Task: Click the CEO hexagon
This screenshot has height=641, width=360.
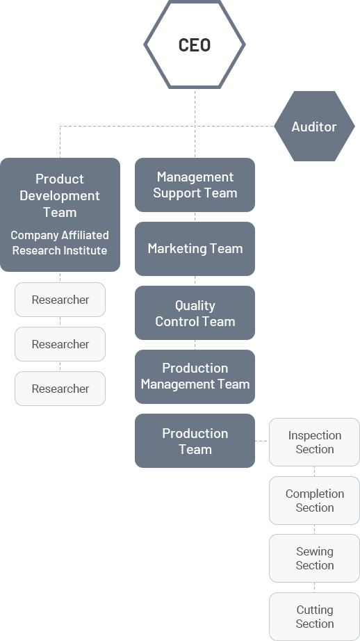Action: (195, 44)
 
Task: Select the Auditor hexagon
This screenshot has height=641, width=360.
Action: (314, 127)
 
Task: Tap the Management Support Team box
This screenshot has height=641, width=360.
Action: (195, 185)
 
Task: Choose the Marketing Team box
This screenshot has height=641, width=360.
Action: (195, 249)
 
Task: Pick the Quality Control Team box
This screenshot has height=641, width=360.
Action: (195, 313)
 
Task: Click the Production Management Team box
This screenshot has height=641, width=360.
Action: (195, 377)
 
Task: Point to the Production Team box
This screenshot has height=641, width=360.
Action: (195, 441)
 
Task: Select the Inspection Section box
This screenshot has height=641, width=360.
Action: (314, 442)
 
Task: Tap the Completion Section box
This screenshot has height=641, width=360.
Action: (314, 501)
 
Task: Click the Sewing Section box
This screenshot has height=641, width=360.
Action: (314, 558)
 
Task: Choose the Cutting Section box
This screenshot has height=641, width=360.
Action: (314, 617)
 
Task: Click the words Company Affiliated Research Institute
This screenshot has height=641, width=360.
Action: (60, 243)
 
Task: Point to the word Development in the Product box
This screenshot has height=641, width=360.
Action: (60, 195)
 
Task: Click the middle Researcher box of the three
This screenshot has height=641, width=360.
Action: (60, 344)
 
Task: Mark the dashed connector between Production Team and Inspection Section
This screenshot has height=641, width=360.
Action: (262, 441)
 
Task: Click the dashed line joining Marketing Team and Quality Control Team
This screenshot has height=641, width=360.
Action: (195, 281)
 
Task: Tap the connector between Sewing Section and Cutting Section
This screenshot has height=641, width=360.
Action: (314, 587)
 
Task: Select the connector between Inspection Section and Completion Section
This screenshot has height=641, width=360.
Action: (314, 471)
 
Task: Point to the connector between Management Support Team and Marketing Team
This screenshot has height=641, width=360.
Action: (195, 217)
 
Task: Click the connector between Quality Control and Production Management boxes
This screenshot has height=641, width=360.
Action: (195, 345)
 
